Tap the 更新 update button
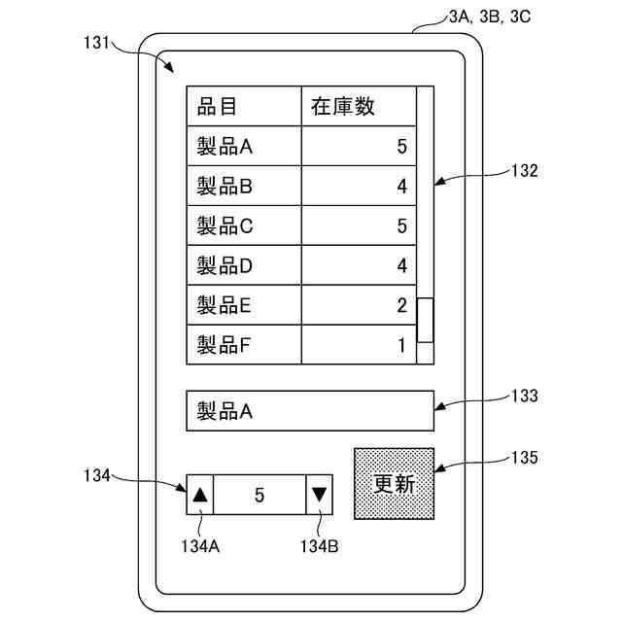394,484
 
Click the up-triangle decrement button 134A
200,495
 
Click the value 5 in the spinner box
259,495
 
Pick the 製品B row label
225,187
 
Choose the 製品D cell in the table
225,264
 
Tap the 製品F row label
225,344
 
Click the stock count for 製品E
401,305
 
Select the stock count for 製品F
401,345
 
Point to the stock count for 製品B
401,187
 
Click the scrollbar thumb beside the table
425,320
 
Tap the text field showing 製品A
309,411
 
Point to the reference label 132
524,170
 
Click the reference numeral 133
524,396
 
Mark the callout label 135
524,456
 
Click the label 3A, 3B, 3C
490,17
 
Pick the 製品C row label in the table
225,226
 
